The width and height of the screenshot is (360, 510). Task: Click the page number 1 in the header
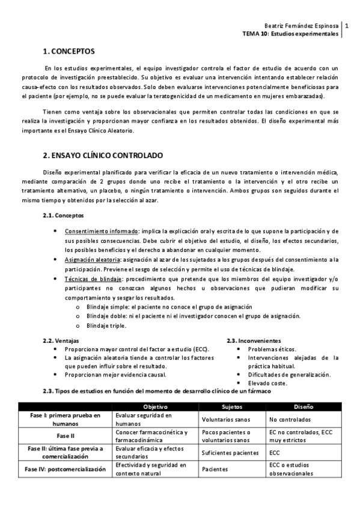click(x=347, y=26)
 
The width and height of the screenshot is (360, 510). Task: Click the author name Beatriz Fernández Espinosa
click(x=302, y=26)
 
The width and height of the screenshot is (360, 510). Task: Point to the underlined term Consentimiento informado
click(x=102, y=232)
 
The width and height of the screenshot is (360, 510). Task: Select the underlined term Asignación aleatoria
click(x=92, y=260)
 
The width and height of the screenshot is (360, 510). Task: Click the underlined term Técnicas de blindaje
click(x=93, y=279)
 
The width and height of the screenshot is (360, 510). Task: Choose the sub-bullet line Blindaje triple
click(x=106, y=326)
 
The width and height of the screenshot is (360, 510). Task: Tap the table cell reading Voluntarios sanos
click(x=225, y=419)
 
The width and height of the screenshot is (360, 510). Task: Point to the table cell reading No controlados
click(x=290, y=419)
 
